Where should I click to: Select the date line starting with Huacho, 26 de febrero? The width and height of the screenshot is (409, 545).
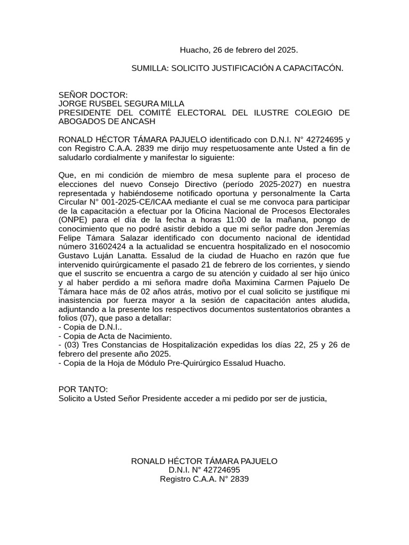coord(239,50)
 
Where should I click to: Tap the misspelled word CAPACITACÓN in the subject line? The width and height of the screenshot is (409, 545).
coord(313,68)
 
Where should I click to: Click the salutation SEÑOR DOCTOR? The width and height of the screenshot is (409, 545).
coord(93,95)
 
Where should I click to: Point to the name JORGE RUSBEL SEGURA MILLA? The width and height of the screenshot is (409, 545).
coord(121,104)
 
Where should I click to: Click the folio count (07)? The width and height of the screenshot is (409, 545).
coord(86,318)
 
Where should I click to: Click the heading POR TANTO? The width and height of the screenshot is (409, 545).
coord(83,389)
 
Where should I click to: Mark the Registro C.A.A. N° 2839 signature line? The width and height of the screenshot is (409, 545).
coord(204,479)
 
